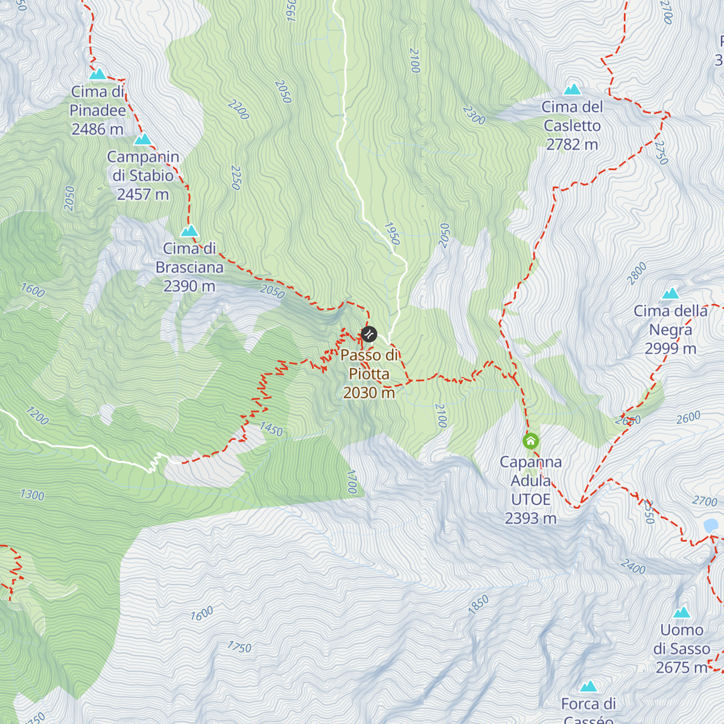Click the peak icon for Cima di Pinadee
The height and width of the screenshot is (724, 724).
[97, 74]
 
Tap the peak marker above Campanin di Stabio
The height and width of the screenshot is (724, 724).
[142, 139]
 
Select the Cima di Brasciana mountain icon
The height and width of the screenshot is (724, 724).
[189, 230]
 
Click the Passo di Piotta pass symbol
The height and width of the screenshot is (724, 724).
[369, 334]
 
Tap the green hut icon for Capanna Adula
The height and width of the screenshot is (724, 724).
[530, 442]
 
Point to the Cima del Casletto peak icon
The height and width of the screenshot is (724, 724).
[572, 90]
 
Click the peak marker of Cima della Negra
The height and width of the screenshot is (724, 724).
[670, 294]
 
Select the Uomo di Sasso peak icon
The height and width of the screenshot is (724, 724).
[682, 612]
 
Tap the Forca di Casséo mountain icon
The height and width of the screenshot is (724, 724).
[588, 686]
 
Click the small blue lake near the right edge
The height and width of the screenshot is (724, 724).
[713, 526]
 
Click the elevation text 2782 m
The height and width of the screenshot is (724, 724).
[572, 145]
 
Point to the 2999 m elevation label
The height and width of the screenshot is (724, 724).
[670, 349]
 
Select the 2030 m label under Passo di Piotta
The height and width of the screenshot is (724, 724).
[369, 393]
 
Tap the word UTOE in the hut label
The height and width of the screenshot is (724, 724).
[530, 500]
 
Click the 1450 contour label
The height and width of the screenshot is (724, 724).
[271, 429]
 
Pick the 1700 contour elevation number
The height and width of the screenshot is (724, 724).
[352, 481]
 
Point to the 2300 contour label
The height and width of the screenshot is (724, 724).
[474, 115]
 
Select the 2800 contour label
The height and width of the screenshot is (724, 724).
[637, 273]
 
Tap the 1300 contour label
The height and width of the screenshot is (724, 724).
[33, 495]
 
